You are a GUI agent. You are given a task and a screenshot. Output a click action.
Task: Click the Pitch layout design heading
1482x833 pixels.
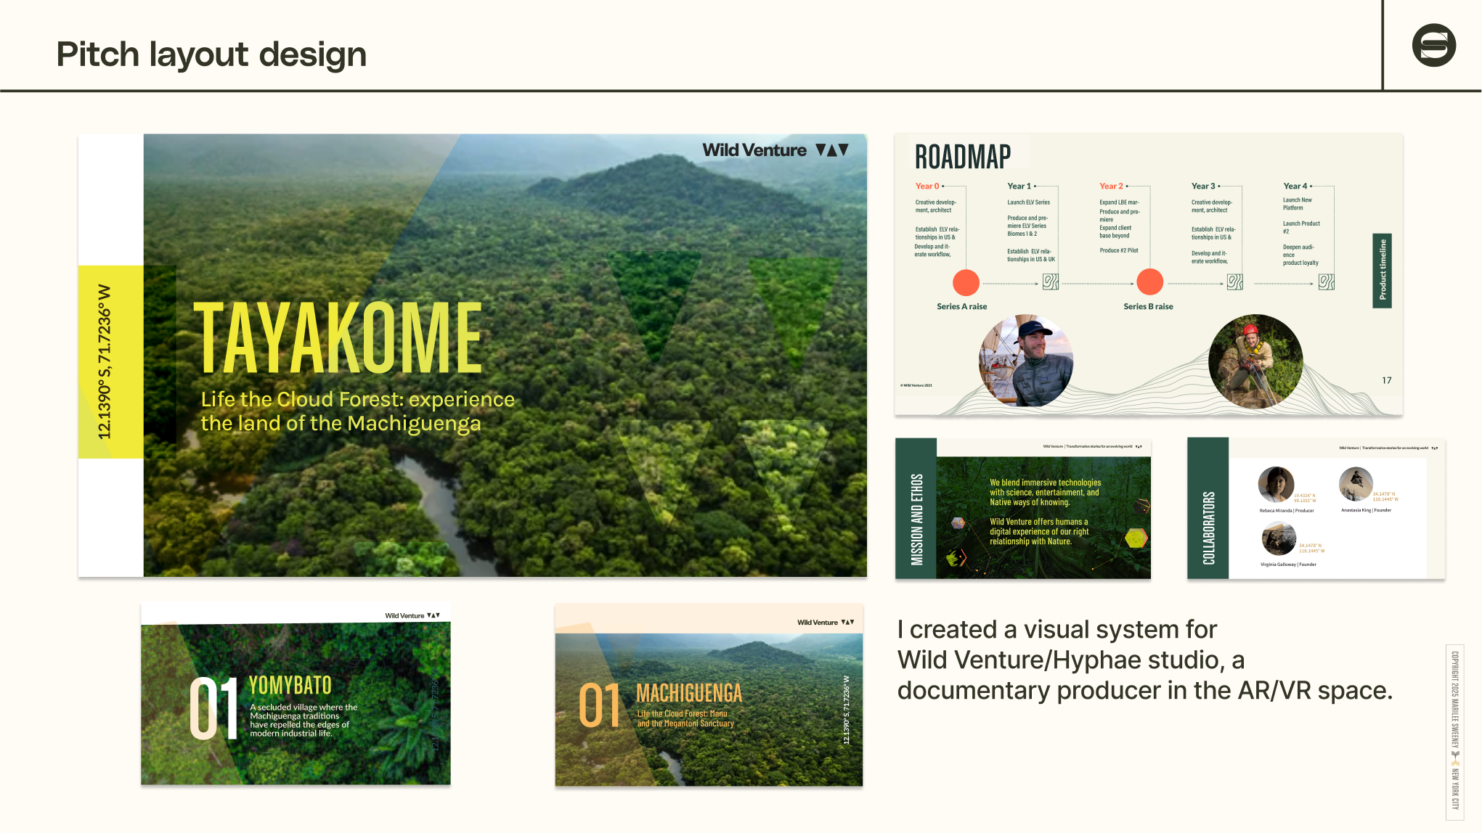click(211, 54)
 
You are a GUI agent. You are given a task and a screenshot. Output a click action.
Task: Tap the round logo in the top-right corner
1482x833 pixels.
click(1433, 45)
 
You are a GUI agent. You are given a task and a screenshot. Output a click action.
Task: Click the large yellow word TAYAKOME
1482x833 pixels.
click(338, 338)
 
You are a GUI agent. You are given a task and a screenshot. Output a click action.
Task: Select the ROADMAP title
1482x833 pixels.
click(962, 157)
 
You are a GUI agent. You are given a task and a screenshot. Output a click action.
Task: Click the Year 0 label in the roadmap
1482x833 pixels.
click(927, 186)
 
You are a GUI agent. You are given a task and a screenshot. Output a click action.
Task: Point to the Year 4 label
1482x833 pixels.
click(1295, 186)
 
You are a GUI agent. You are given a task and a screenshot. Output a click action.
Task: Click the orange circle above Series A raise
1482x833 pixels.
click(966, 282)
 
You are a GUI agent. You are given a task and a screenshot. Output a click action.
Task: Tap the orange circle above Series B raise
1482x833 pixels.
click(1149, 282)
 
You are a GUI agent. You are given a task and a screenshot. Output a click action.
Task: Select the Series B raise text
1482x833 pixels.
click(1148, 306)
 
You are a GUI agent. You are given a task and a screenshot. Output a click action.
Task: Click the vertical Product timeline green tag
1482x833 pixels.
click(1382, 270)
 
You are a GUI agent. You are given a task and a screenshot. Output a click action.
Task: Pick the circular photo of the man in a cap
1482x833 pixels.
click(1026, 361)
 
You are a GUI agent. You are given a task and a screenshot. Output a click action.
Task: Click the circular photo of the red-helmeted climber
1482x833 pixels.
click(1255, 361)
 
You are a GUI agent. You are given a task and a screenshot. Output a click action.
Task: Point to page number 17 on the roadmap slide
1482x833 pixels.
click(1386, 380)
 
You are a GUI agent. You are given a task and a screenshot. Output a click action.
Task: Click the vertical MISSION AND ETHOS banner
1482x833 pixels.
click(916, 518)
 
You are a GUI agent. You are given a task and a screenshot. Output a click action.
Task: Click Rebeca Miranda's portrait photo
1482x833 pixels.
click(1276, 485)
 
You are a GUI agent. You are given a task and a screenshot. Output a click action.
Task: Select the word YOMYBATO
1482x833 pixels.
click(290, 685)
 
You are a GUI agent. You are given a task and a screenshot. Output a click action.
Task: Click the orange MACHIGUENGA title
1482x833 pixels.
click(688, 693)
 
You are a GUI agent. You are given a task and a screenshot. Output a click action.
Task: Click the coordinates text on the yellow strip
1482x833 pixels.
click(105, 361)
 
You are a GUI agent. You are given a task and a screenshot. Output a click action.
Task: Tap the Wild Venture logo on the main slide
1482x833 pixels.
click(775, 150)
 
